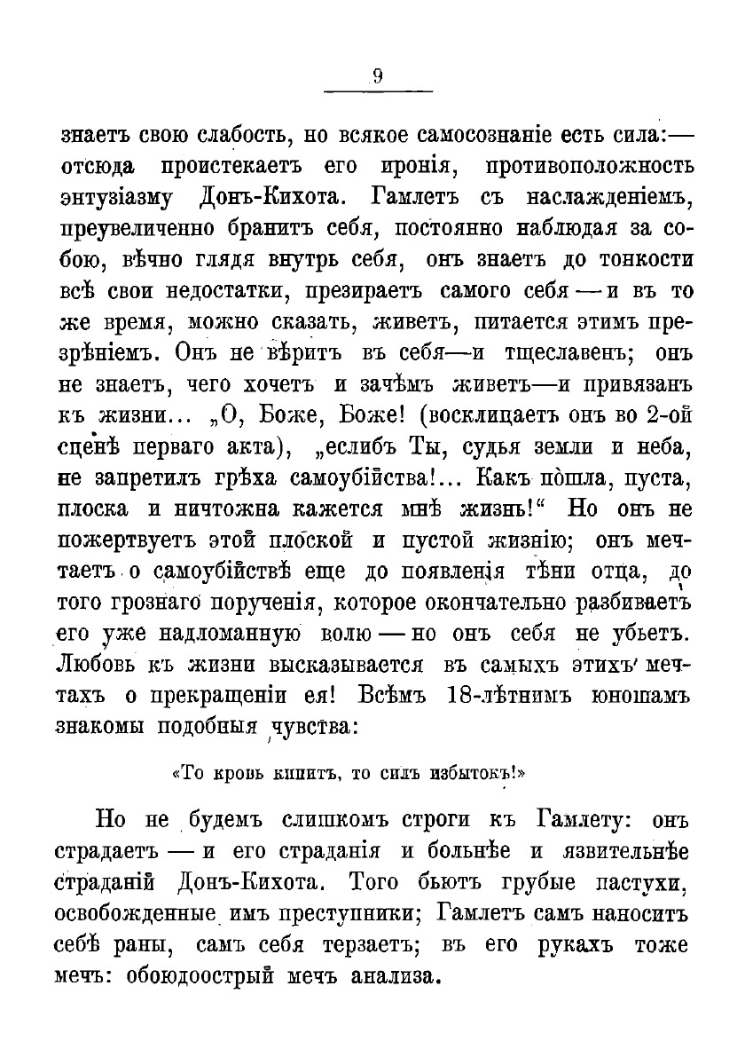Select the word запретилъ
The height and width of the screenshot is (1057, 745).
coord(147,478)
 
